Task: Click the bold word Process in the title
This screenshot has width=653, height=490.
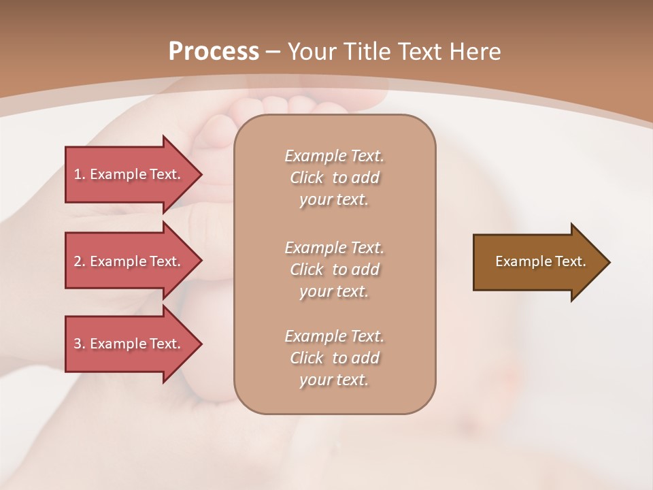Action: tap(214, 52)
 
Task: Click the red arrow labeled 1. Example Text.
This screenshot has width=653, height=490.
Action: tap(129, 174)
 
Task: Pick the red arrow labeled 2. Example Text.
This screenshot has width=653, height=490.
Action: tap(129, 261)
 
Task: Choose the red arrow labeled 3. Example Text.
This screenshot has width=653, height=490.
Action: tap(129, 344)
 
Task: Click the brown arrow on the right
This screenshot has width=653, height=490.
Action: tap(537, 261)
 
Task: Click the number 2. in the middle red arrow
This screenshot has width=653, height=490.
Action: tap(80, 261)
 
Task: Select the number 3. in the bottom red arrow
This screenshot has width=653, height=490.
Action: tap(80, 344)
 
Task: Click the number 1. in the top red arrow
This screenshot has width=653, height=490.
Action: tap(79, 174)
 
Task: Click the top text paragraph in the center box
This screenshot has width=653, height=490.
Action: tap(335, 178)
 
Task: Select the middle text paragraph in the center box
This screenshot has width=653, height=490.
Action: tap(335, 269)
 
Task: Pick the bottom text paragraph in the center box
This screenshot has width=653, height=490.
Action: tap(335, 358)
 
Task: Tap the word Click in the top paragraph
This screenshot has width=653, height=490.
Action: tap(307, 178)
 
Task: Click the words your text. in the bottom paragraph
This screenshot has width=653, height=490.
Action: tap(334, 380)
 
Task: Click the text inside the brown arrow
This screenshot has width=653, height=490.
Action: tap(540, 261)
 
